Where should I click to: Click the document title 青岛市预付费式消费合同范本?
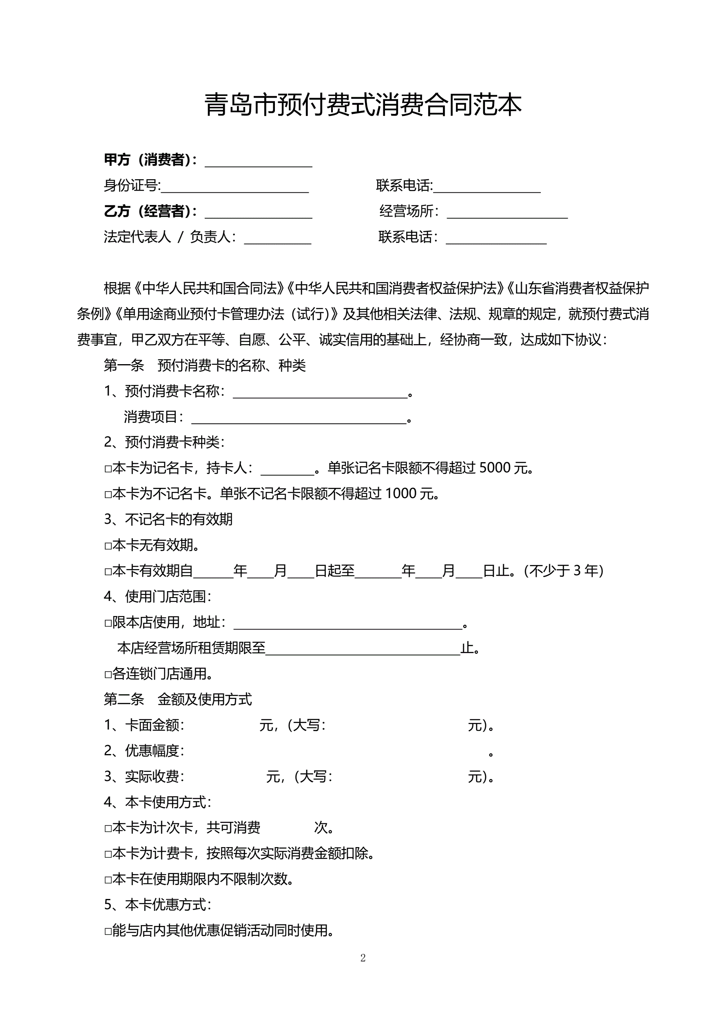363,105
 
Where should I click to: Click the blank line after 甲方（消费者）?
258,162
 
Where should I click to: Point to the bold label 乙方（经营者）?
150,211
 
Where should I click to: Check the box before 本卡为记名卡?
108,469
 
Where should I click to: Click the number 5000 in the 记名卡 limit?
495,468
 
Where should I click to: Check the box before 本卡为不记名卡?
108,495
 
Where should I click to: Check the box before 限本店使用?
108,623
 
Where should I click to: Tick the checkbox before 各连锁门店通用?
108,675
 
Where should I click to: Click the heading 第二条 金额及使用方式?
177,699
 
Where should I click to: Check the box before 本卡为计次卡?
108,829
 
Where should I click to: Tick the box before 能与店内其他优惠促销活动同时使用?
108,932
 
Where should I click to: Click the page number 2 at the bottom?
363,958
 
